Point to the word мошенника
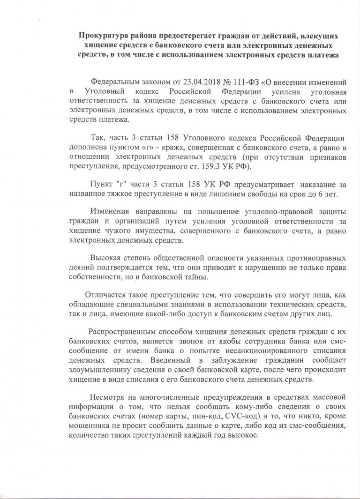point(90,424)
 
